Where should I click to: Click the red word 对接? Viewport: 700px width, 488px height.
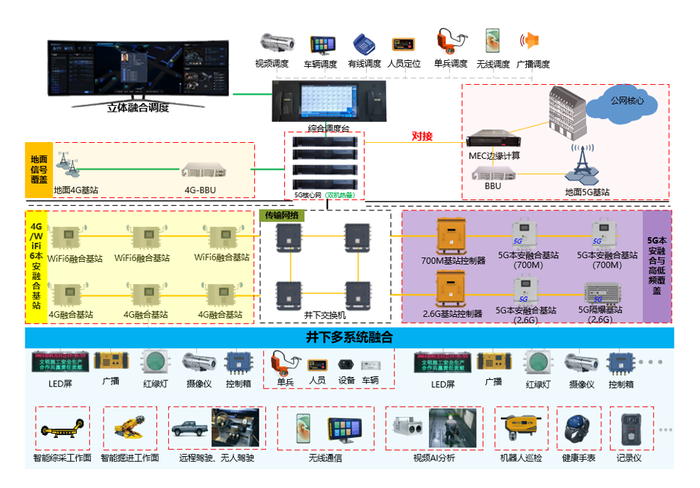click(422, 135)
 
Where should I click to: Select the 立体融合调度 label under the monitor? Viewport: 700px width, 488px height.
click(138, 108)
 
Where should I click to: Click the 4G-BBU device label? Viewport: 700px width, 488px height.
click(200, 191)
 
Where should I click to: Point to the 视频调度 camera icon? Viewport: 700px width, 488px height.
click(272, 42)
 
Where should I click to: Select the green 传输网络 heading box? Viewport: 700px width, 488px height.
click(283, 215)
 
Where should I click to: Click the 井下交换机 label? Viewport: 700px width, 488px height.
click(325, 315)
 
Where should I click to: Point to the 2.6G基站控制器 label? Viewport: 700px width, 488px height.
click(452, 314)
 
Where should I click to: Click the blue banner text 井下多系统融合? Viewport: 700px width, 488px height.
click(349, 337)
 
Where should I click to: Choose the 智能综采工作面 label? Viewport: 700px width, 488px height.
click(62, 458)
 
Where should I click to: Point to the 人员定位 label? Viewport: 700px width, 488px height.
click(404, 64)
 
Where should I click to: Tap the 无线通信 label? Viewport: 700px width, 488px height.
click(325, 458)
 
